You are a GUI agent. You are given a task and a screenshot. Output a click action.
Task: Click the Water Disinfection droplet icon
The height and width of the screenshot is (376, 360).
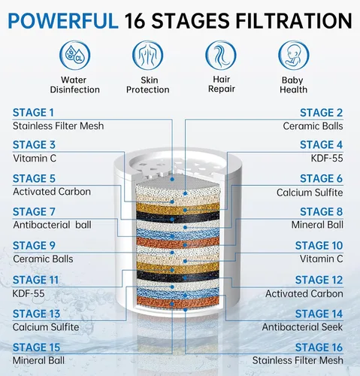pyautogui.click(x=74, y=55)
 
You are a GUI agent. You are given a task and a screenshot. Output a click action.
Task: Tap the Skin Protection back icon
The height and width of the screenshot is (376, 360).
pyautogui.click(x=148, y=55)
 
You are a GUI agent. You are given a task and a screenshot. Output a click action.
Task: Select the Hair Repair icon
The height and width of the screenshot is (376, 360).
pyautogui.click(x=221, y=55)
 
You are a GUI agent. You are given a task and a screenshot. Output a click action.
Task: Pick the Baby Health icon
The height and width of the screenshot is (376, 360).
pyautogui.click(x=294, y=55)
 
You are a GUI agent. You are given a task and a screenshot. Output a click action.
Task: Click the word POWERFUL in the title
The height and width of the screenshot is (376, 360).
pyautogui.click(x=63, y=21)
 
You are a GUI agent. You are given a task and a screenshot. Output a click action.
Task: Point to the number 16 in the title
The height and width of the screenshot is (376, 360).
pyautogui.click(x=135, y=21)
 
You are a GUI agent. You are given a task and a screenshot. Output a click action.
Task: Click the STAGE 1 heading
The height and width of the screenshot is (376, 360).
pyautogui.click(x=33, y=113)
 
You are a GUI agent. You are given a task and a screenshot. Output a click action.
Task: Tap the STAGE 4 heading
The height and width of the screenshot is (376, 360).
pyautogui.click(x=321, y=144)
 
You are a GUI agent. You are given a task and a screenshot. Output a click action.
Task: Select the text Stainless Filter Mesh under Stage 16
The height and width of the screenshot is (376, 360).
pyautogui.click(x=298, y=360)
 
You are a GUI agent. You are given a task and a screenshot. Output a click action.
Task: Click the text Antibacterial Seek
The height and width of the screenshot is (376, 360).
pyautogui.click(x=302, y=327)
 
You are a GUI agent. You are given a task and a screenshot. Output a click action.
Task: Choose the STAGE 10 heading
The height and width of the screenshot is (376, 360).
pyautogui.click(x=319, y=245)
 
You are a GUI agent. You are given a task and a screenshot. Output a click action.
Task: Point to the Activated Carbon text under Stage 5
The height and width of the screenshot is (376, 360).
pyautogui.click(x=52, y=192)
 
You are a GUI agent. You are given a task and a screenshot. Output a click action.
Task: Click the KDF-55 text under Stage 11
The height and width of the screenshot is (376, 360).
pyautogui.click(x=29, y=293)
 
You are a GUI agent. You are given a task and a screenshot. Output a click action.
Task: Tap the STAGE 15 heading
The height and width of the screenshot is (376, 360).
pyautogui.click(x=36, y=347)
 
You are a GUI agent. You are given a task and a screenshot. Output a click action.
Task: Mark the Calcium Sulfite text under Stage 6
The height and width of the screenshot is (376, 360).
pyautogui.click(x=310, y=193)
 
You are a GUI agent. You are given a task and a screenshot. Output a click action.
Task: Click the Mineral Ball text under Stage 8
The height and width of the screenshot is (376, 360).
pyautogui.click(x=317, y=225)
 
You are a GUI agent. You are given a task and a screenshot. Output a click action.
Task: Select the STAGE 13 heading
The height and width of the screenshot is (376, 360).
pyautogui.click(x=36, y=314)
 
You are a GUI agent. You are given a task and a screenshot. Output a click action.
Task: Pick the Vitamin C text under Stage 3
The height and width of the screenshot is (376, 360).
pyautogui.click(x=35, y=159)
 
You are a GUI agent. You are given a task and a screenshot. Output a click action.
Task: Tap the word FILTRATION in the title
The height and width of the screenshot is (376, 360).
pyautogui.click(x=294, y=21)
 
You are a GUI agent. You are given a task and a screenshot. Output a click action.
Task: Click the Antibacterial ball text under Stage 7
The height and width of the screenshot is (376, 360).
pyautogui.click(x=52, y=225)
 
